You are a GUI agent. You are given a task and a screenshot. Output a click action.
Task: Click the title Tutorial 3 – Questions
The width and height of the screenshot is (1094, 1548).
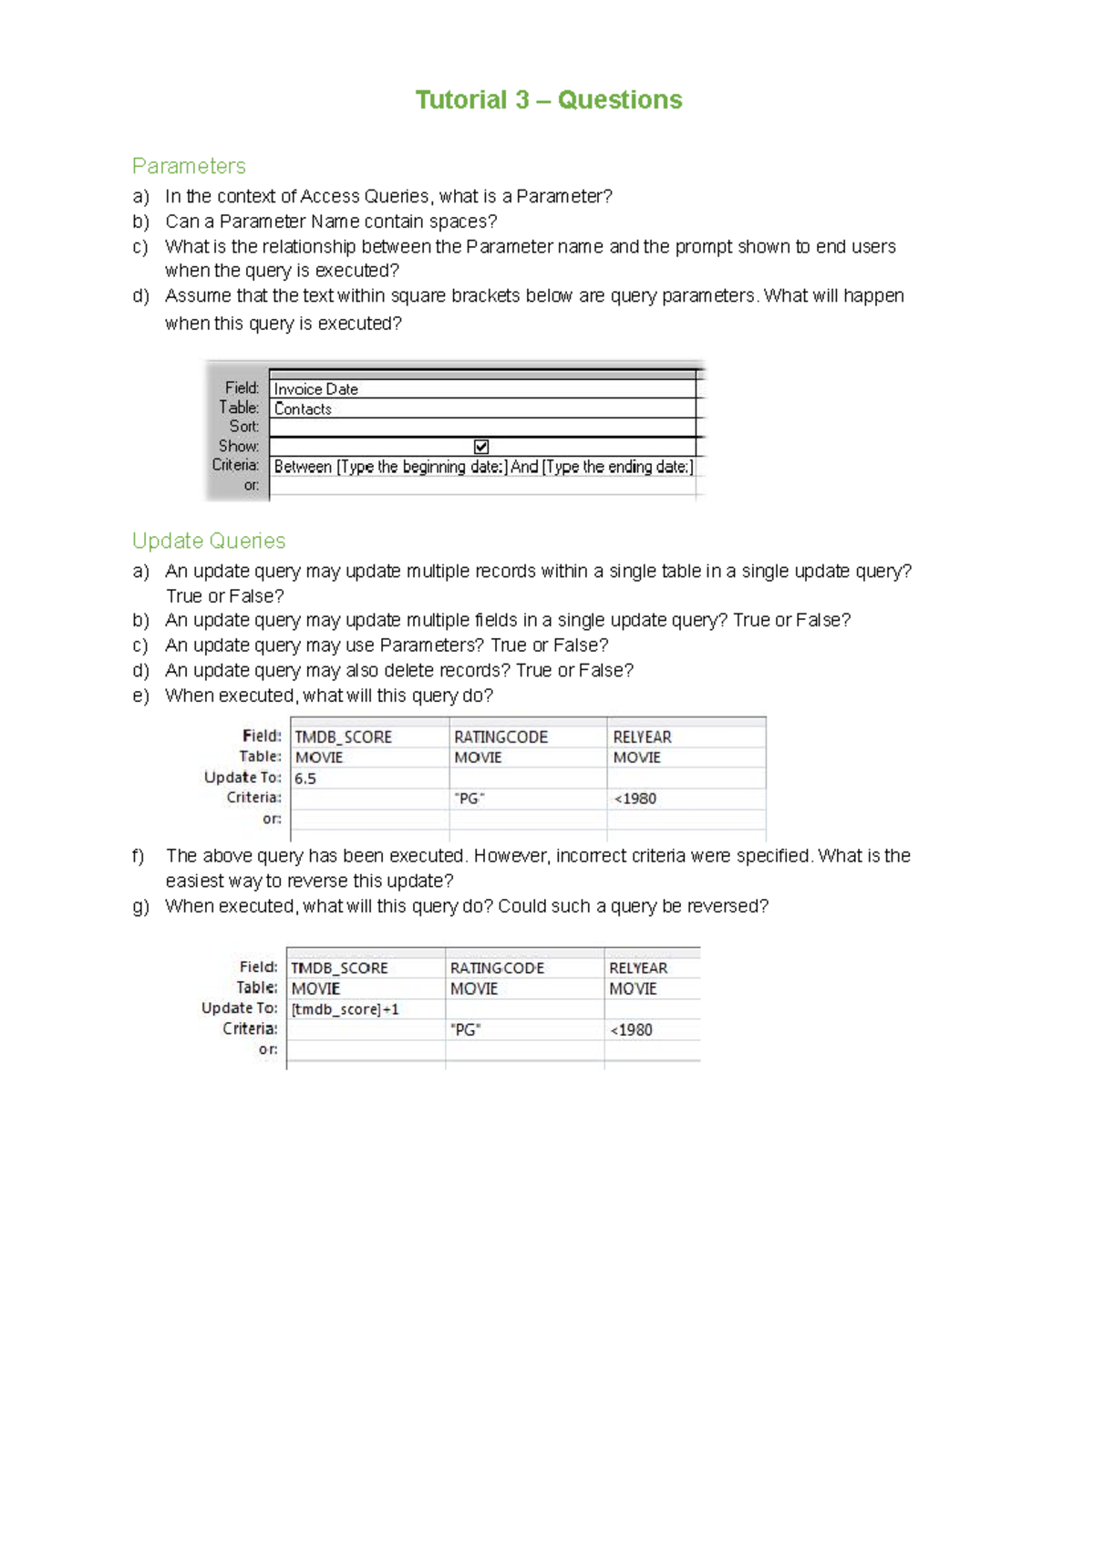click(548, 99)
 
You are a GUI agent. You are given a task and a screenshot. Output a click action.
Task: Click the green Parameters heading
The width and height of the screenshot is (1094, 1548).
click(189, 166)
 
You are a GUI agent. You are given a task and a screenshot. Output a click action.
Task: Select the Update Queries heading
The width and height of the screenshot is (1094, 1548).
click(209, 541)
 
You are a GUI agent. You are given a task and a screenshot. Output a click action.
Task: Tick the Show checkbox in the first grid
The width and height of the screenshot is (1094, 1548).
click(481, 447)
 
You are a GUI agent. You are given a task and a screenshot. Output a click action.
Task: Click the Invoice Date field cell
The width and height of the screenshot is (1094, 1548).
click(316, 389)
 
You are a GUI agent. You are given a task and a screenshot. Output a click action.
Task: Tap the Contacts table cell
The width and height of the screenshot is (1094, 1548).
click(303, 409)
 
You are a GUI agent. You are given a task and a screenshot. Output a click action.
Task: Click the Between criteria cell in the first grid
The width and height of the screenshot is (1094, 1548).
click(483, 467)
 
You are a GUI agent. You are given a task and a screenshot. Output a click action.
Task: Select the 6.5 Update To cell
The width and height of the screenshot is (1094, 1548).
click(305, 779)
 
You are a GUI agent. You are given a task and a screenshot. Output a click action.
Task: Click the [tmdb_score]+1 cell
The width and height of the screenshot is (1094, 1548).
click(346, 1009)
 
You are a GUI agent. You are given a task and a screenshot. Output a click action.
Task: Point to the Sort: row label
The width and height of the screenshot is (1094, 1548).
click(243, 427)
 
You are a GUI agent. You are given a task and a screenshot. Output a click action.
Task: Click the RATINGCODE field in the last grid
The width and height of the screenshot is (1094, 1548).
click(497, 968)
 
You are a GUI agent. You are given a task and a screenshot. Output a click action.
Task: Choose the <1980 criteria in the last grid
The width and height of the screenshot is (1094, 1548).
click(631, 1030)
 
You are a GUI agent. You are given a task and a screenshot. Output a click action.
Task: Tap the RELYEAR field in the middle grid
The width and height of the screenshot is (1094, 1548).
click(642, 737)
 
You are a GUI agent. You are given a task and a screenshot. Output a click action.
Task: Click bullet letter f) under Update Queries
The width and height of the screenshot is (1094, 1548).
click(139, 856)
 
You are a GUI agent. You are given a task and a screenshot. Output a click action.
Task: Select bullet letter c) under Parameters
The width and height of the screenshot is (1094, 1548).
click(139, 247)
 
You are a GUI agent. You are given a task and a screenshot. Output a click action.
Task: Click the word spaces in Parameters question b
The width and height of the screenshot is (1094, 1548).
click(465, 222)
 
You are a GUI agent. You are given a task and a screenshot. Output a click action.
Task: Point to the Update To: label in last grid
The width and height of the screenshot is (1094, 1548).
click(239, 1008)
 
